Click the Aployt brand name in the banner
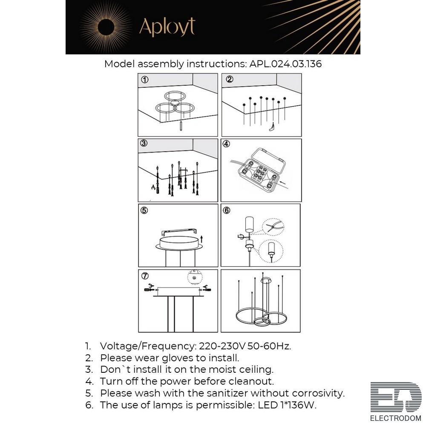167,27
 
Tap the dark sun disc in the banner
106,27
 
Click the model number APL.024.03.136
285,64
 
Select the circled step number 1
145,80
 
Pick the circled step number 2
230,79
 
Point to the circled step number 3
144,143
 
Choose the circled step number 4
226,144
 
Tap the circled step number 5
144,210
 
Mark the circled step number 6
226,210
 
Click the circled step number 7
145,276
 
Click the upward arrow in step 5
201,239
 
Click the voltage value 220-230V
222,346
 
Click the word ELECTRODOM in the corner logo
395,418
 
